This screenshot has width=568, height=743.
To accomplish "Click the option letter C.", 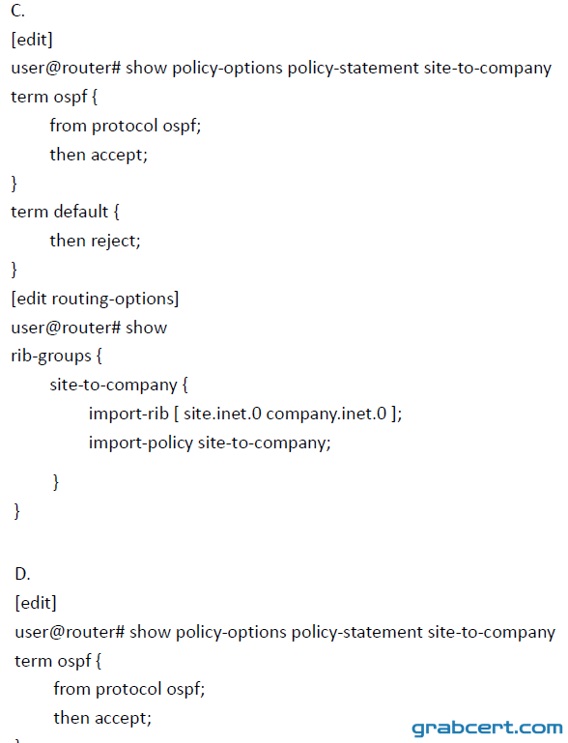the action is [17, 11].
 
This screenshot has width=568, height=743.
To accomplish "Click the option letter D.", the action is [22, 574].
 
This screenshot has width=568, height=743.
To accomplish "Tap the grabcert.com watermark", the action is [487, 728].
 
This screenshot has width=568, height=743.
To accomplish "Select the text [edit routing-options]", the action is [95, 299].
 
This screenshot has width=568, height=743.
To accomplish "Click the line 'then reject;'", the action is [96, 241].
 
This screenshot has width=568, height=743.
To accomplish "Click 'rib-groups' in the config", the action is [51, 356].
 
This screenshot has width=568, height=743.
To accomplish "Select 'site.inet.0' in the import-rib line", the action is [222, 414].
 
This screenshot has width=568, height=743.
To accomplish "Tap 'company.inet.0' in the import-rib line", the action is [327, 414].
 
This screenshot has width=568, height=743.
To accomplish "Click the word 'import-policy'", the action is [141, 443].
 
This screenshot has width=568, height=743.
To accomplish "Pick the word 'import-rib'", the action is [128, 414].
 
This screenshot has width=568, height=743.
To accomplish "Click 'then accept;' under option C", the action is [99, 155].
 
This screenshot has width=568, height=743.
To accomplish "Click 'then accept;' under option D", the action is [102, 718].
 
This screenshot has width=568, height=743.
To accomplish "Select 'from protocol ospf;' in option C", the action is [126, 126].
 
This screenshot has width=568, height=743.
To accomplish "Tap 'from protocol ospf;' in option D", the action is [129, 689].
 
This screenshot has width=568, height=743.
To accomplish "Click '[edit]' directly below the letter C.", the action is [32, 40].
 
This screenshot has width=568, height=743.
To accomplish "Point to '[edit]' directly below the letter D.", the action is [36, 603].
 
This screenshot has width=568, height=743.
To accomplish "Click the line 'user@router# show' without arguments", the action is [89, 328].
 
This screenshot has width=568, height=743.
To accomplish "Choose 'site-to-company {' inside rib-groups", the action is [119, 385].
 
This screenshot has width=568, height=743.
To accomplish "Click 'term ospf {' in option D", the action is [58, 661].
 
